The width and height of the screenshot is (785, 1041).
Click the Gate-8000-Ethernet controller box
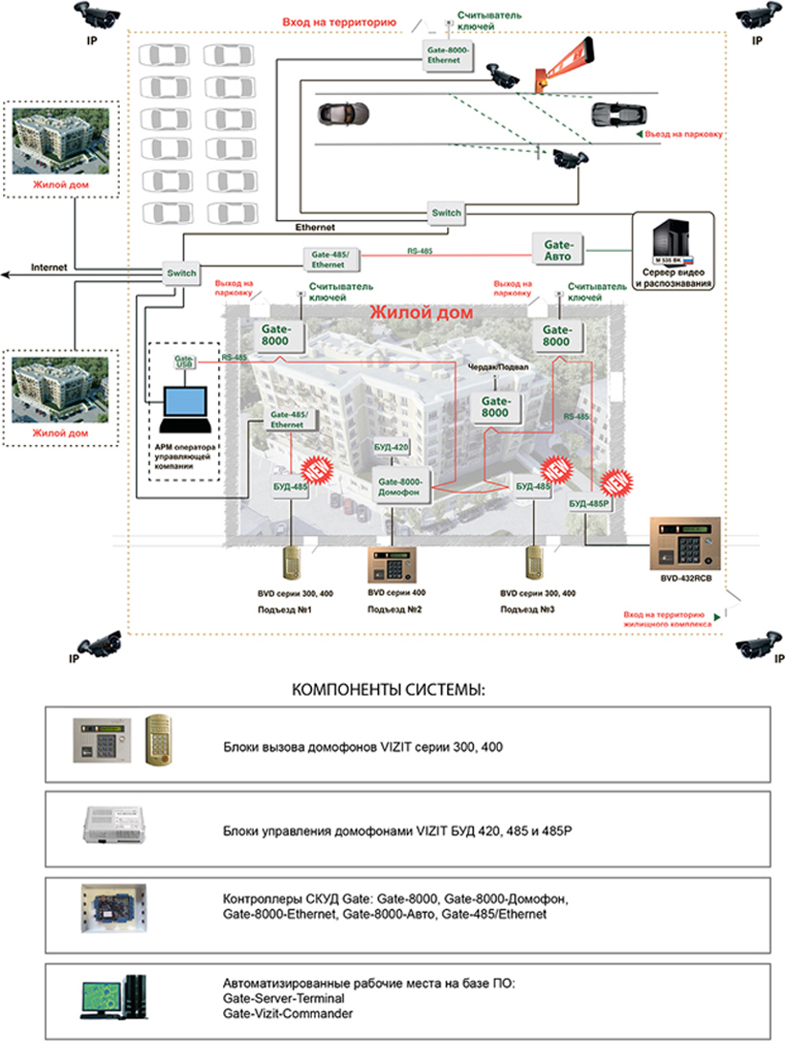tap(444, 53)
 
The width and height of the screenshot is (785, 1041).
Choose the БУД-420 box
tap(392, 448)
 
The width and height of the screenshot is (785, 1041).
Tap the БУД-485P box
tap(589, 502)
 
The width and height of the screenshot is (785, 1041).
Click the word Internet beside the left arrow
tap(49, 268)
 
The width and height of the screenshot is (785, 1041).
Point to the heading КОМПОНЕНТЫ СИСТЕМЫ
tap(392, 690)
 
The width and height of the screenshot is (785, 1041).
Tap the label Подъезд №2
tap(392, 609)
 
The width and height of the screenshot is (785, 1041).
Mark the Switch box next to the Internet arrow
tap(181, 273)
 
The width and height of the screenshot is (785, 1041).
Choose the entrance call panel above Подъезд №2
tap(392, 565)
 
